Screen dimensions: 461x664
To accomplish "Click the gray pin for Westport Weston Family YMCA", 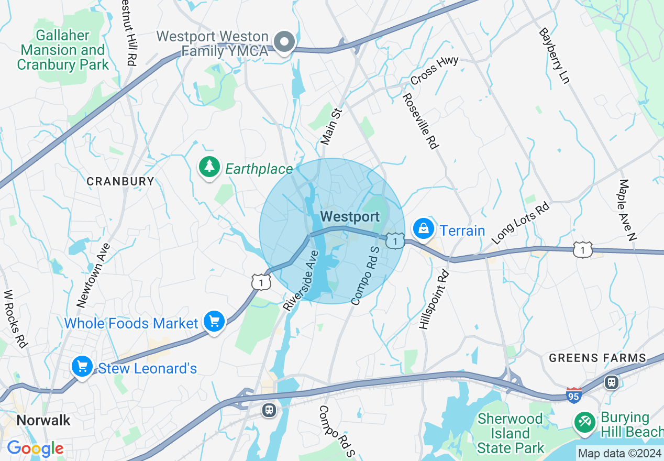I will click(285, 42).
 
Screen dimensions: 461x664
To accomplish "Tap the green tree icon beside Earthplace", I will click(209, 167).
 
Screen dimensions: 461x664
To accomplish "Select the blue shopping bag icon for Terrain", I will click(423, 228).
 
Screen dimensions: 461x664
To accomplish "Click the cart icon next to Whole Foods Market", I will click(214, 322).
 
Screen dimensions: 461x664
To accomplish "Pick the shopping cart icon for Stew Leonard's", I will click(82, 366).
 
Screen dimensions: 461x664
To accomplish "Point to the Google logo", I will click(35, 448).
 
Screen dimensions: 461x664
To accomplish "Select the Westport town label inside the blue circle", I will click(350, 216).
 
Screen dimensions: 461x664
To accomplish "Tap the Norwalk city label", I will click(43, 420).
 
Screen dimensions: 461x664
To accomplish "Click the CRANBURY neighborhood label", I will click(120, 181).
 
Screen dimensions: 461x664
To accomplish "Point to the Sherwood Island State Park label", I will click(510, 433).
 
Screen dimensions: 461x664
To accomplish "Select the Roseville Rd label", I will click(420, 121).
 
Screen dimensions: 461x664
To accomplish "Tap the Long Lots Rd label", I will click(521, 223).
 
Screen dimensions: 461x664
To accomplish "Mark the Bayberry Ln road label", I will click(554, 56).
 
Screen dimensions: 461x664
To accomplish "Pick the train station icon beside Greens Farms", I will click(611, 382).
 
